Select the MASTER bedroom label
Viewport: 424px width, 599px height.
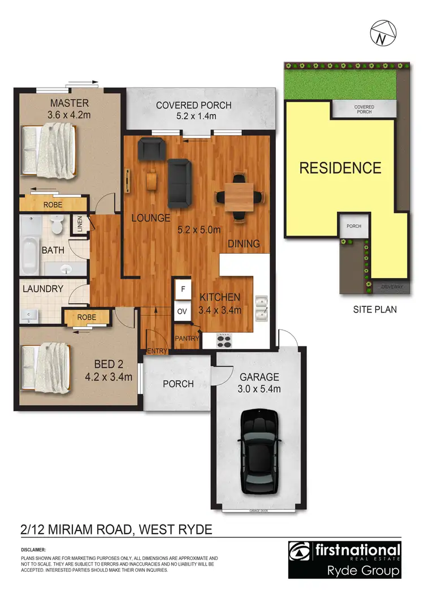point(69,103)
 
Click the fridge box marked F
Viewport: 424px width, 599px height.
point(183,289)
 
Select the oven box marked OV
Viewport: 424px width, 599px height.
point(183,311)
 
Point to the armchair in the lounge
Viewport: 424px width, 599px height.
point(152,149)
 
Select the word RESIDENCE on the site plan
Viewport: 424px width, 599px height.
point(340,168)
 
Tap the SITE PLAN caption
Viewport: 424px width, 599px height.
point(375,309)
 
